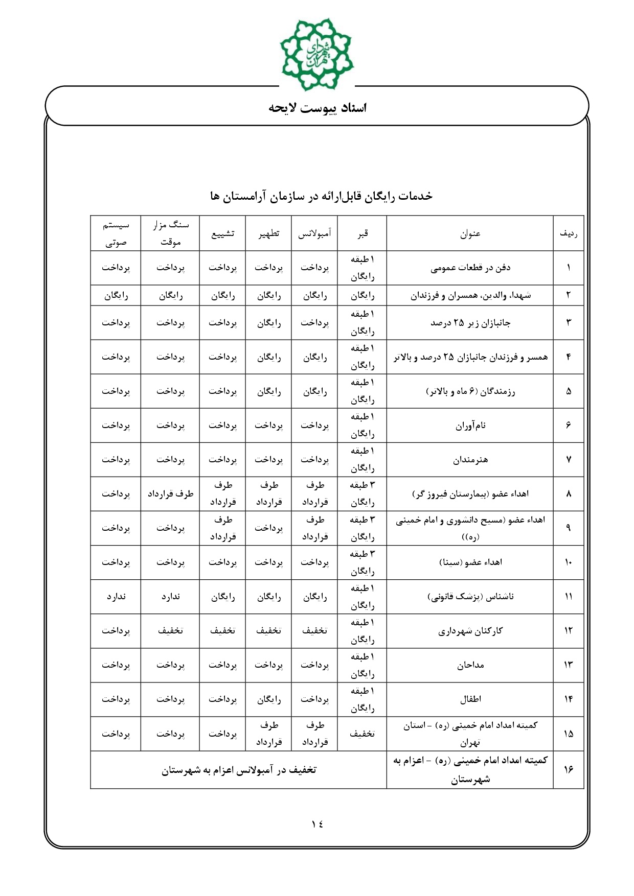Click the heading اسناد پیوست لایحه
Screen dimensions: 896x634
click(x=318, y=108)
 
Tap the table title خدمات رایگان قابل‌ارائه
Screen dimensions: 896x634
click(x=321, y=196)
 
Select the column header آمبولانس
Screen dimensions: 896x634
click(x=314, y=233)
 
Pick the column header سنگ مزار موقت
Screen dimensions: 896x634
click(x=170, y=233)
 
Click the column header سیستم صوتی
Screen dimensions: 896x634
click(x=116, y=233)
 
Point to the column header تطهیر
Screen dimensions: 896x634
click(x=268, y=233)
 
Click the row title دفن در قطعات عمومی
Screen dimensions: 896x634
click(x=470, y=268)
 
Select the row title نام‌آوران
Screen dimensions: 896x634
click(x=470, y=425)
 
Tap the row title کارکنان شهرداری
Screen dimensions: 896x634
click(x=470, y=631)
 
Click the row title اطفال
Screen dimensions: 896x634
click(x=470, y=699)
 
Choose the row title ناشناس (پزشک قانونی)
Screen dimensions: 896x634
click(x=470, y=597)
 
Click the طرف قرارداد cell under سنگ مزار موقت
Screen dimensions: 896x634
click(x=170, y=494)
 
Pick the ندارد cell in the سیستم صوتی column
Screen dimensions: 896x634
click(x=116, y=597)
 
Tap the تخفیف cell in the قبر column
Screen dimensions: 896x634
click(x=362, y=734)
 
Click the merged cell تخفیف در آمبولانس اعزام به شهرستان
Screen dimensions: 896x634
click(x=239, y=770)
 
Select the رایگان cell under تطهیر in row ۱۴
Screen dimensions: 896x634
click(x=268, y=699)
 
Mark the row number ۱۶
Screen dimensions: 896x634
click(x=568, y=770)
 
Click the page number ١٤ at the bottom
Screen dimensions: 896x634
click(x=317, y=823)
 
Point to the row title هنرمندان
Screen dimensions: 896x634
click(x=470, y=460)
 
